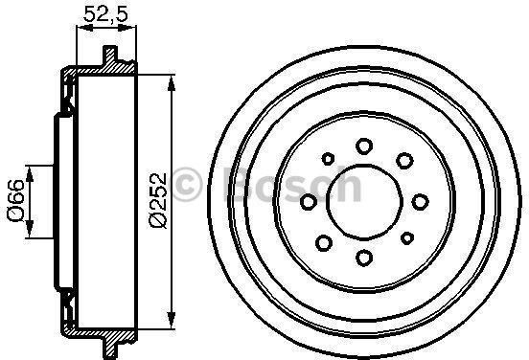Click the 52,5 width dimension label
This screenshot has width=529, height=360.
click(106, 14)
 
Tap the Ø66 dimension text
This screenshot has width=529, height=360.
click(16, 200)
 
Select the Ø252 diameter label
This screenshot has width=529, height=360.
click(158, 201)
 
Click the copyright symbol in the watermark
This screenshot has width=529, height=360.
click(187, 185)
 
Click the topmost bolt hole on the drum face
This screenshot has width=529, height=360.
click(364, 146)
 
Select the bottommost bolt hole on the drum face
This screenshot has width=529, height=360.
click(364, 258)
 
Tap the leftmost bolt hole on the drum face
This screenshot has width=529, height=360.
click(309, 202)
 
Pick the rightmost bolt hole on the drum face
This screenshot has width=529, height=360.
click(421, 202)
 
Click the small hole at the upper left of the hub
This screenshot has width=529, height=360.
click(328, 158)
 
